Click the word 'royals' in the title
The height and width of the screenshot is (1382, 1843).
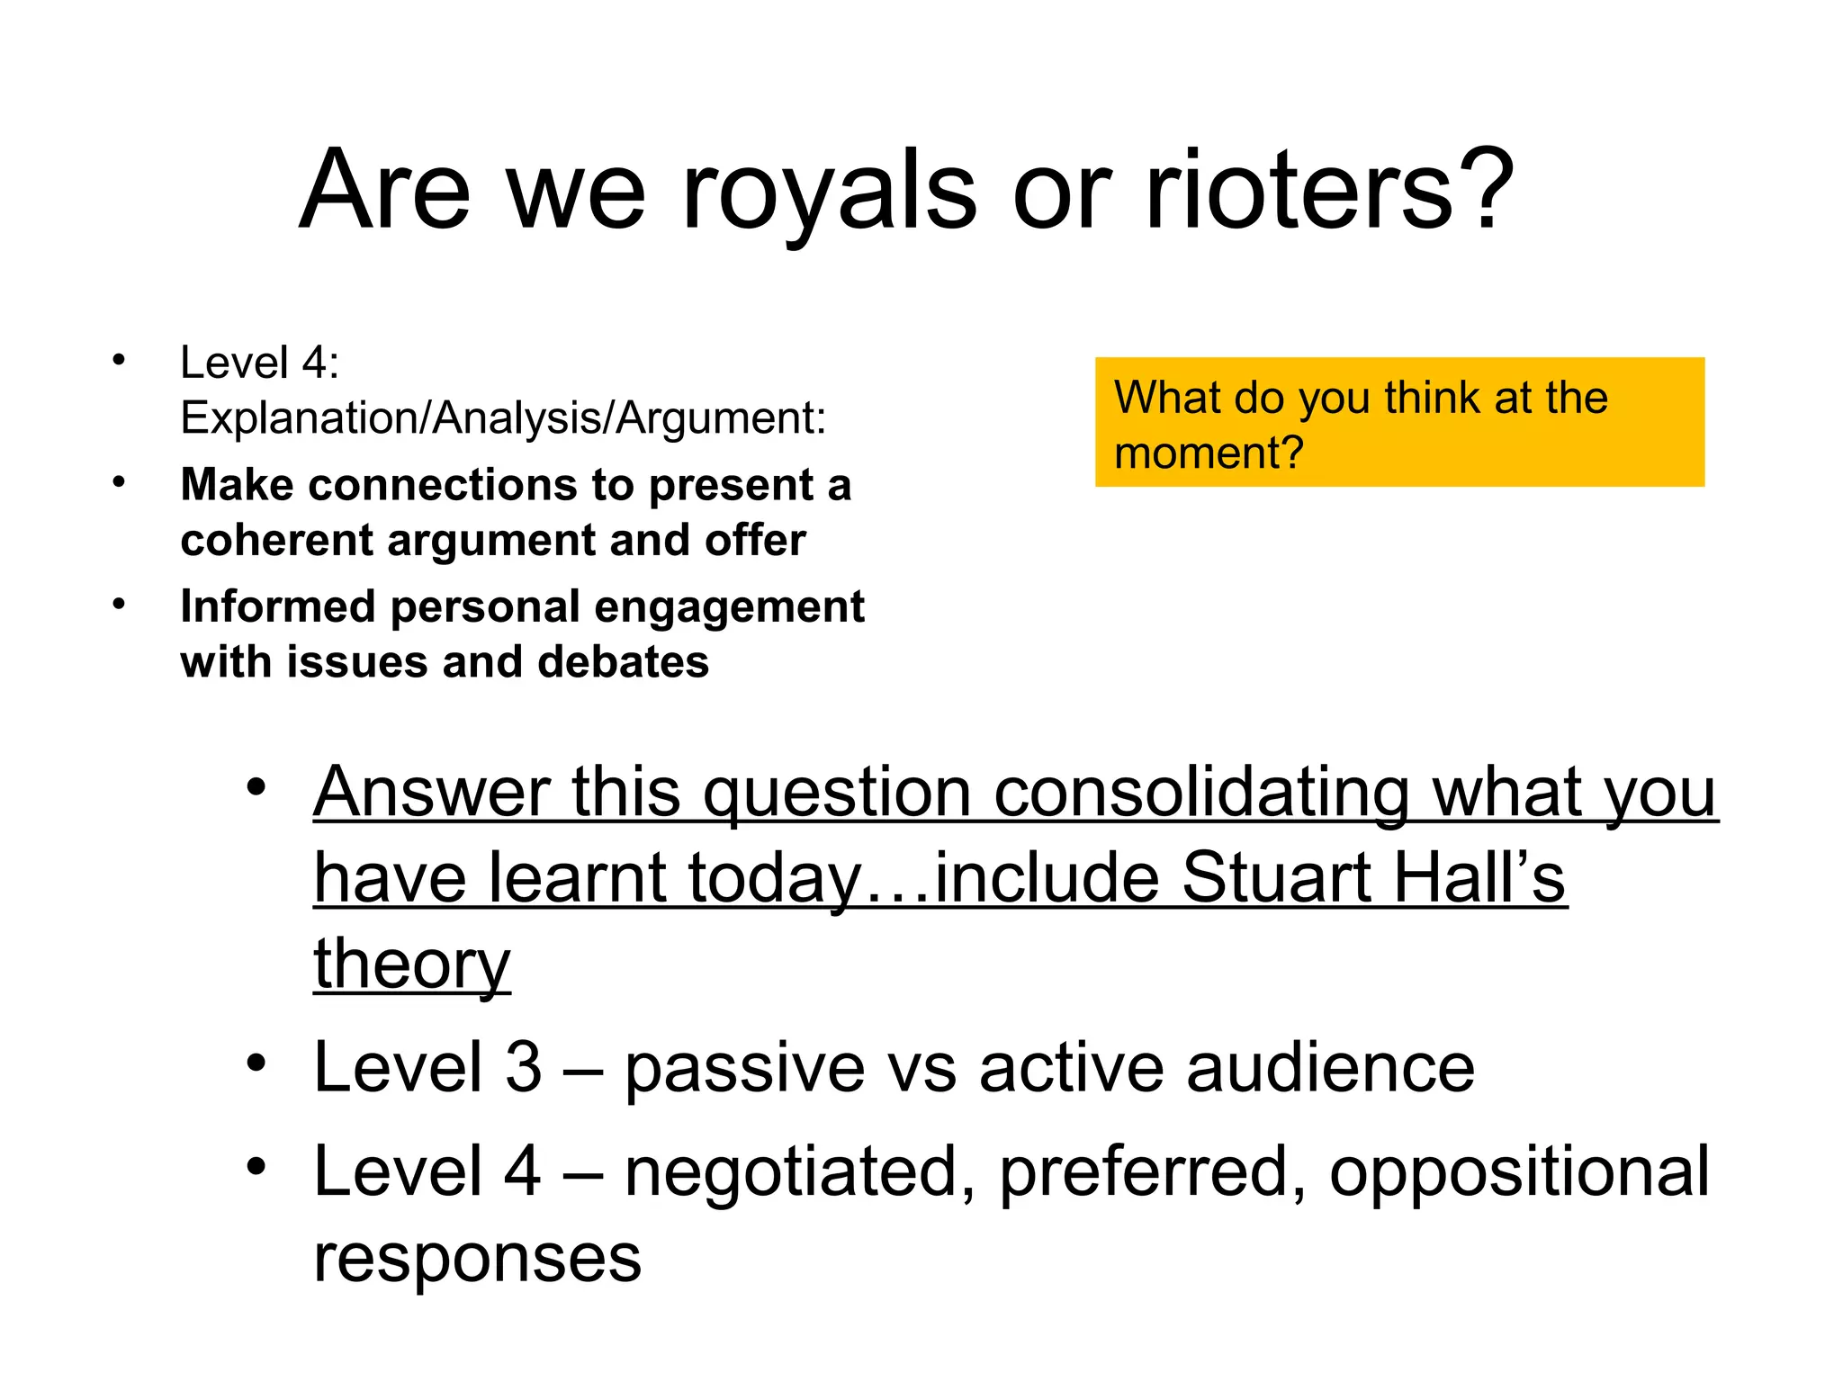pyautogui.click(x=828, y=191)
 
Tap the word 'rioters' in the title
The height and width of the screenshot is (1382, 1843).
pyautogui.click(x=1299, y=191)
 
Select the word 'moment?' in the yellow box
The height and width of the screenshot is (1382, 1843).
pyautogui.click(x=1209, y=453)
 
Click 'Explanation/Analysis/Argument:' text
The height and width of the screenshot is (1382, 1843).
pyautogui.click(x=503, y=418)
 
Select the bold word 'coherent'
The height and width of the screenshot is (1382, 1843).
pyautogui.click(x=276, y=540)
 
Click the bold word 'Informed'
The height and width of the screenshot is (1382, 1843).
pyautogui.click(x=278, y=606)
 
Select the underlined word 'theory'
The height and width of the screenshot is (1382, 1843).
pyautogui.click(x=412, y=965)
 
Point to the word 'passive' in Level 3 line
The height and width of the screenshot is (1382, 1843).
pyautogui.click(x=744, y=1069)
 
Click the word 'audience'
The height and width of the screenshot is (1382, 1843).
pyautogui.click(x=1330, y=1069)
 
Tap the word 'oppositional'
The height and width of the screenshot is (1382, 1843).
pyautogui.click(x=1519, y=1171)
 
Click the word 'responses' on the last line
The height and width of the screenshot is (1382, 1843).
pyautogui.click(x=477, y=1258)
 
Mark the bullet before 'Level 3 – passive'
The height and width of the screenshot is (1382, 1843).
pyautogui.click(x=256, y=1063)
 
